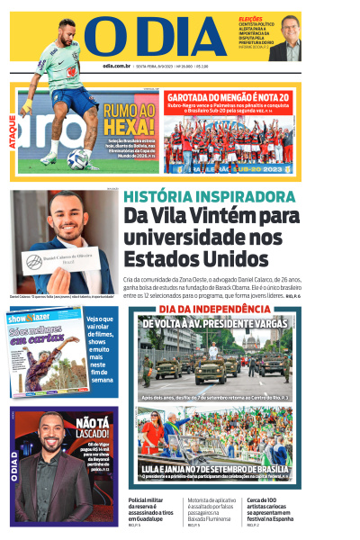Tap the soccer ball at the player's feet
point(78,158)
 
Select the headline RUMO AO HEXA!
point(130,118)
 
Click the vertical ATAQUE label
point(13,131)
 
